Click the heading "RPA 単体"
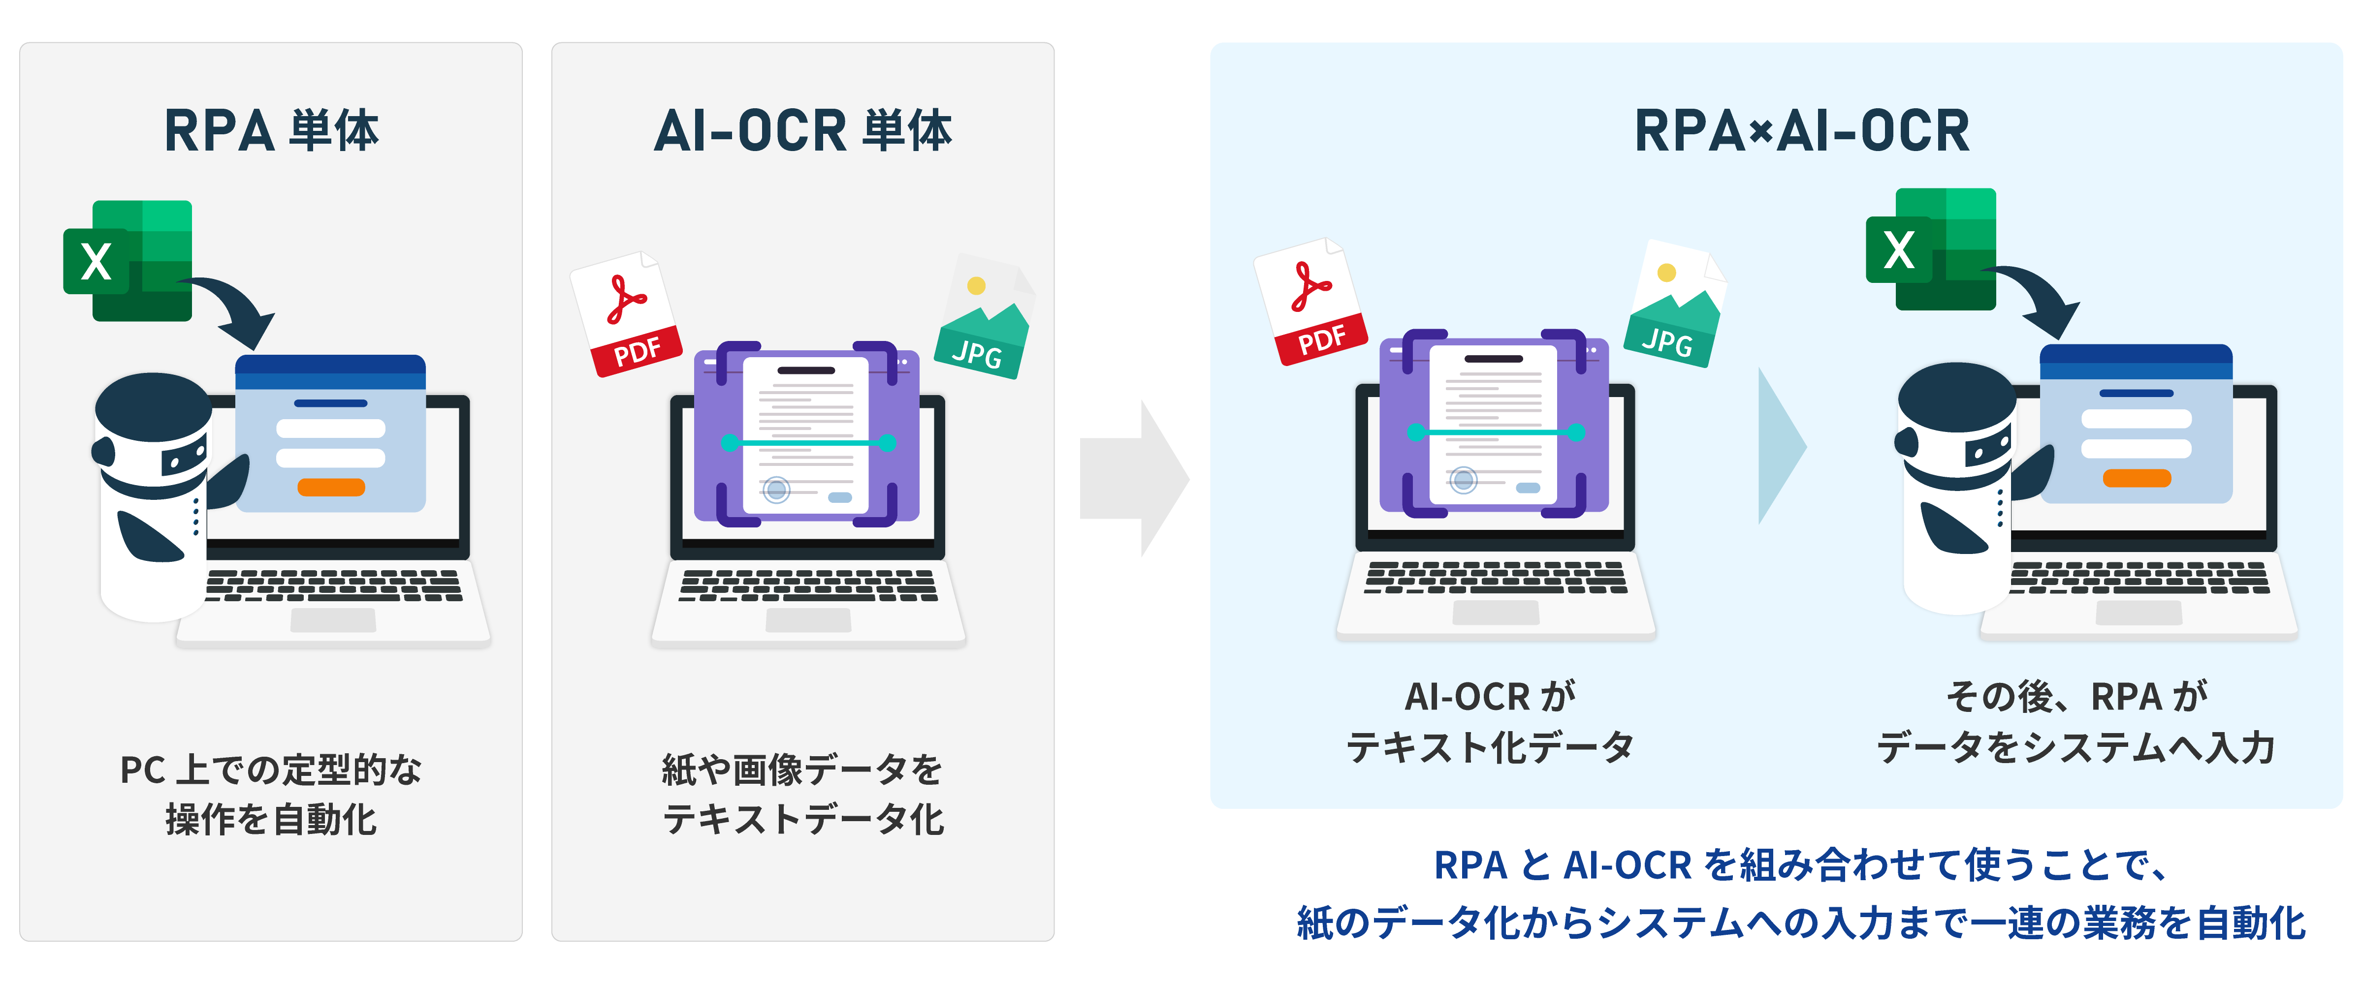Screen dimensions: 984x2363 [x=271, y=130]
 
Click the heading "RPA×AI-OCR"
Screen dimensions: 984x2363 [x=1802, y=130]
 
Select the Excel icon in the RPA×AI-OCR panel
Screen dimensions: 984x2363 [x=1931, y=249]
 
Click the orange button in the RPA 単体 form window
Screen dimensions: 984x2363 [x=331, y=487]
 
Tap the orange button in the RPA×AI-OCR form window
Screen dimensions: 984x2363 [x=2137, y=478]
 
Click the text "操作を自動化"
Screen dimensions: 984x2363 [x=271, y=819]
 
